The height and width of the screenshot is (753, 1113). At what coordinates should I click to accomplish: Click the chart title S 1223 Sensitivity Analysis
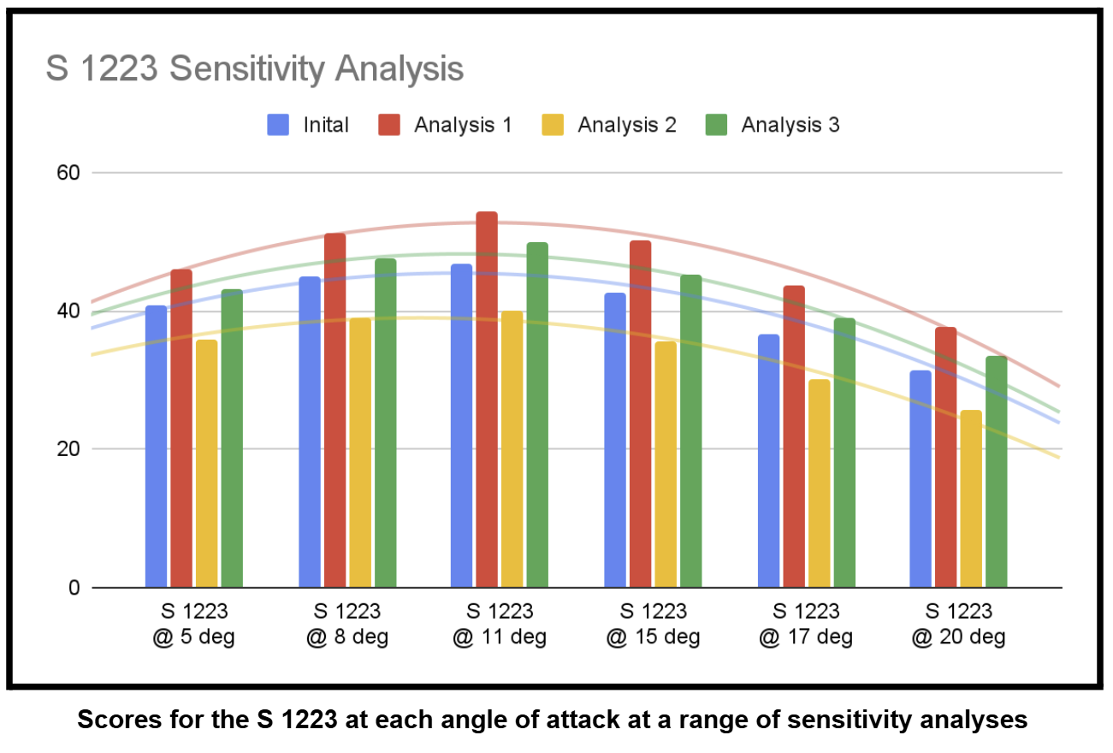pyautogui.click(x=254, y=68)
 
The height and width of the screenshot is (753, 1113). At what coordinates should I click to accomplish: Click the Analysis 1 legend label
pyautogui.click(x=463, y=125)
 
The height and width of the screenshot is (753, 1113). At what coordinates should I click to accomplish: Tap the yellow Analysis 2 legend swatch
pyautogui.click(x=553, y=125)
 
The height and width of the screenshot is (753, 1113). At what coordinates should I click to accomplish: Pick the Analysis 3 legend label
pyautogui.click(x=790, y=125)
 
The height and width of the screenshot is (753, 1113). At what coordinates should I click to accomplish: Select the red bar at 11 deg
pyautogui.click(x=487, y=400)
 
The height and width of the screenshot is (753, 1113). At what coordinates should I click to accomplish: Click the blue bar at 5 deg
pyautogui.click(x=156, y=447)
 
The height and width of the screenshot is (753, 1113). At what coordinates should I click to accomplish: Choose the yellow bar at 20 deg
pyautogui.click(x=971, y=499)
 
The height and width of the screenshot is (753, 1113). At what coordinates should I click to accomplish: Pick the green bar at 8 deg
pyautogui.click(x=385, y=423)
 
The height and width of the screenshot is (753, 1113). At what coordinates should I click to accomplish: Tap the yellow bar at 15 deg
pyautogui.click(x=665, y=465)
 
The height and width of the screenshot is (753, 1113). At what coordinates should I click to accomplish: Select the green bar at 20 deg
pyautogui.click(x=996, y=471)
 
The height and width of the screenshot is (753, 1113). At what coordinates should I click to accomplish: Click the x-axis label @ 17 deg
pyautogui.click(x=806, y=637)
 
